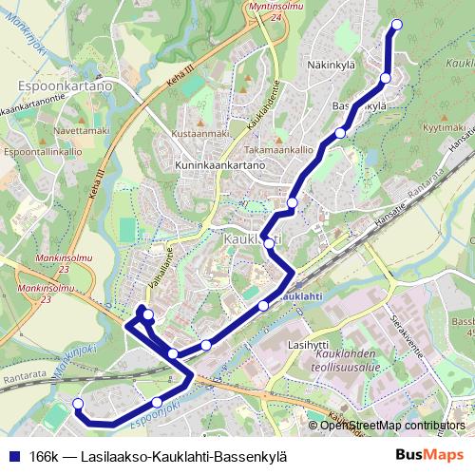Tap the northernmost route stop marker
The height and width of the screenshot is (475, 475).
[396, 25]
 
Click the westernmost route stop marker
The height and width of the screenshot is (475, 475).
[78, 405]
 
